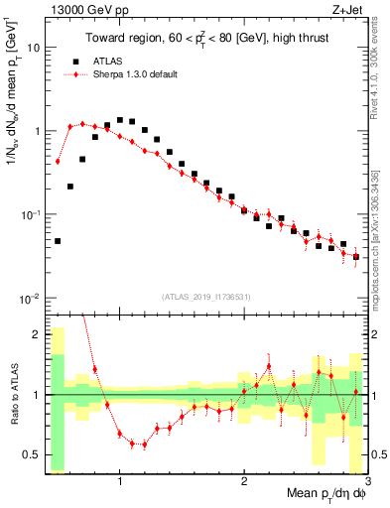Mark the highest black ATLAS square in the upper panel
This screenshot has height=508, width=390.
(120, 120)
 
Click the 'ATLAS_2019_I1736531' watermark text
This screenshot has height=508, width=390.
(207, 296)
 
